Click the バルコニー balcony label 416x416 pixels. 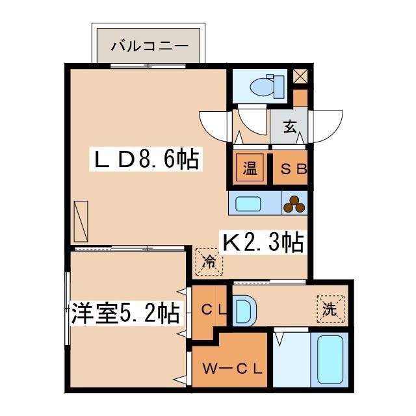tap(149, 46)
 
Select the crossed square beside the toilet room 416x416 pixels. tap(300, 77)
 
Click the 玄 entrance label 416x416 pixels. tap(290, 127)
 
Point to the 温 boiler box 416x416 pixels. tap(250, 168)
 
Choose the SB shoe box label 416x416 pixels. tap(293, 169)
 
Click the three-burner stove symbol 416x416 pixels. tap(294, 204)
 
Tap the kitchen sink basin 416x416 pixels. tap(248, 203)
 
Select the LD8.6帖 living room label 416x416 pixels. tap(146, 159)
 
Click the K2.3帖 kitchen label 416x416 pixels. tap(263, 242)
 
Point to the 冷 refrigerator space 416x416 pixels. tap(209, 262)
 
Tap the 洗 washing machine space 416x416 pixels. tap(330, 309)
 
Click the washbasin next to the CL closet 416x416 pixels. tap(245, 311)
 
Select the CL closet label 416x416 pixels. tap(214, 309)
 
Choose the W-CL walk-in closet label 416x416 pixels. tap(233, 369)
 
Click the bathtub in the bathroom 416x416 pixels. tap(330, 359)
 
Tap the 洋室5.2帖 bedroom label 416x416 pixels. tap(125, 313)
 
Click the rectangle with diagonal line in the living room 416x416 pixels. tap(81, 222)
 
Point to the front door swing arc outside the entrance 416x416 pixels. tap(328, 126)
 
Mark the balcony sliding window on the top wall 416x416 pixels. tap(148, 66)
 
